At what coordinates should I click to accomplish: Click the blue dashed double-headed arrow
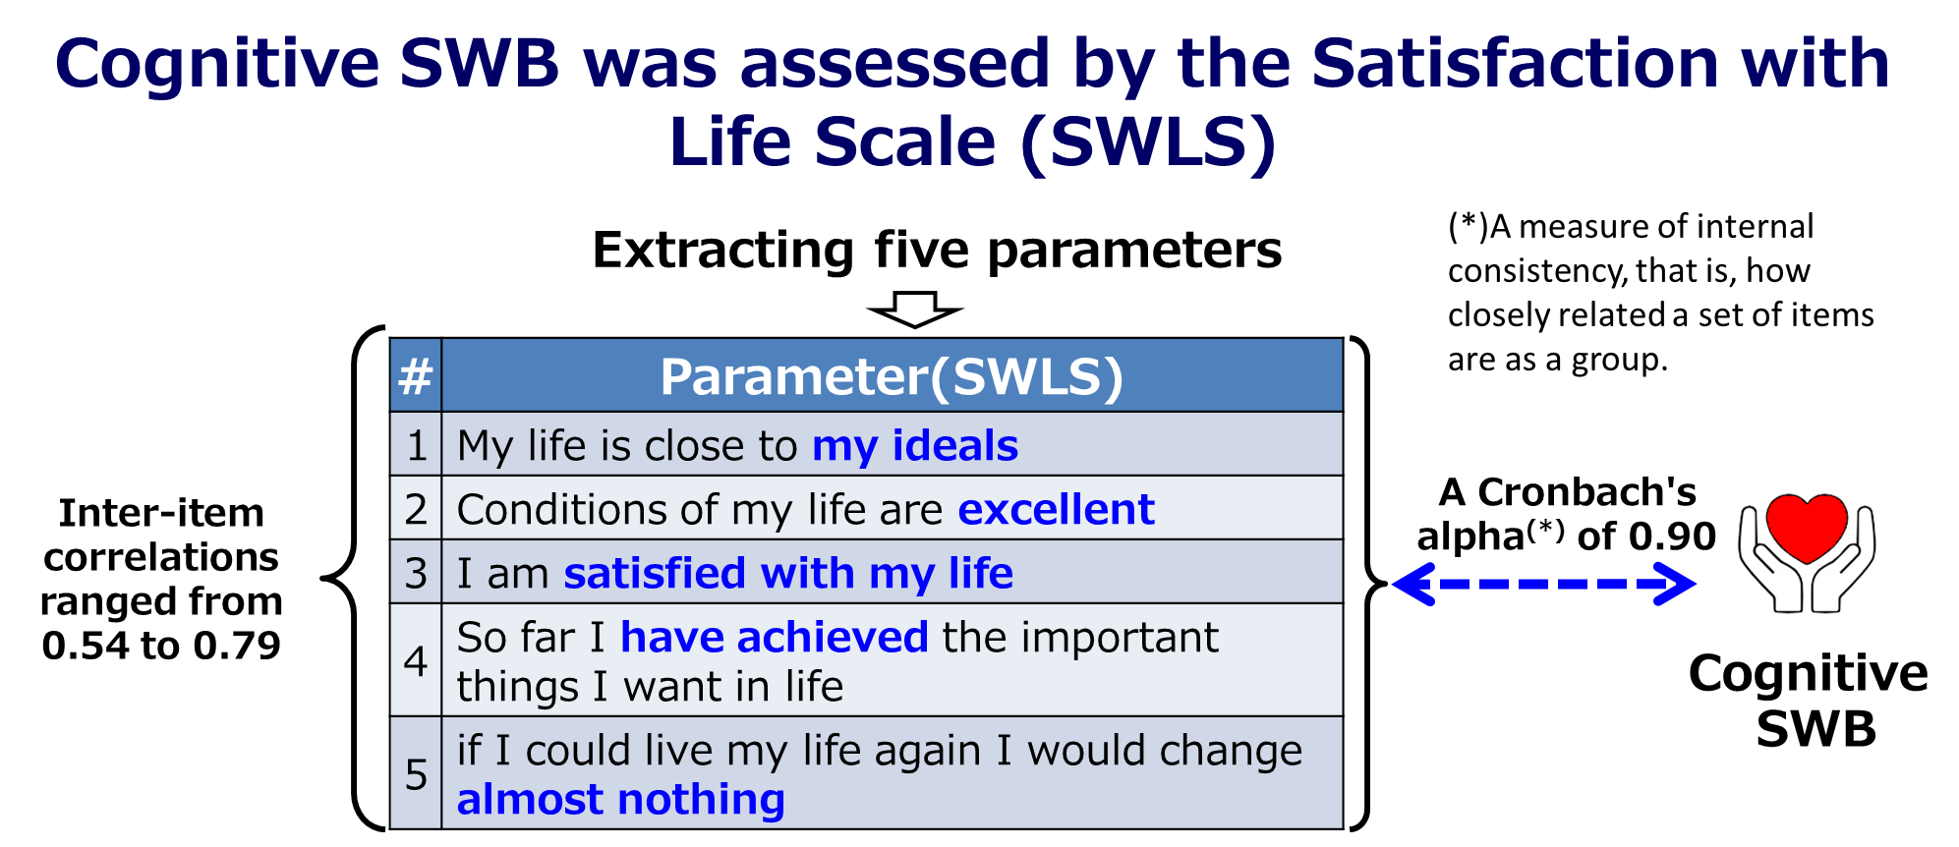coord(1544,584)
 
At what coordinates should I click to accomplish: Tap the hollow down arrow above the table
coord(915,310)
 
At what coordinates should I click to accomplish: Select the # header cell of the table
coord(416,375)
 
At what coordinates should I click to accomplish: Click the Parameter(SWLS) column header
coord(892,375)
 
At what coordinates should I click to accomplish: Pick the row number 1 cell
coord(416,444)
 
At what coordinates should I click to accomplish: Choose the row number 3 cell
coord(416,572)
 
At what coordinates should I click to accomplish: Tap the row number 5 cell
coord(416,773)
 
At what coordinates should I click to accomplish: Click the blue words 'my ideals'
coord(915,446)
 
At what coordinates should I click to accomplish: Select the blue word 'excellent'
coord(1057,509)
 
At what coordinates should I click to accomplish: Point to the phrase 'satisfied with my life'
coord(788,574)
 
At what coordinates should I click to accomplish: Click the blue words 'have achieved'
coord(775,637)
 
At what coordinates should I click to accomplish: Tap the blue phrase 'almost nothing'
coord(621,800)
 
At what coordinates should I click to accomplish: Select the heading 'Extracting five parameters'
coord(937,250)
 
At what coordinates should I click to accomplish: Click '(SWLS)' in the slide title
coord(1149,142)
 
